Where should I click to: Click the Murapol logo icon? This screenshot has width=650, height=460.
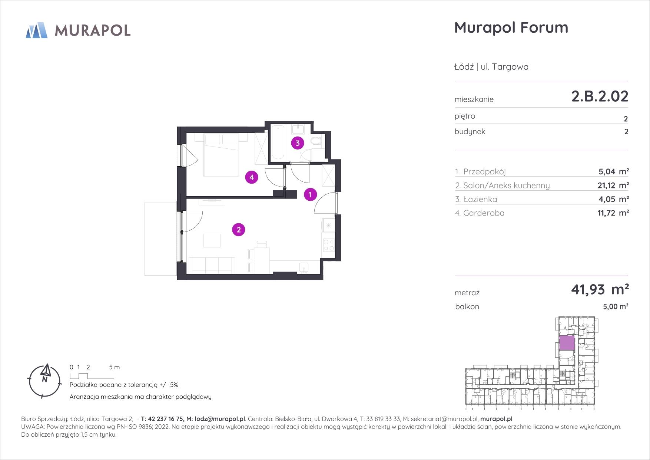point(36,30)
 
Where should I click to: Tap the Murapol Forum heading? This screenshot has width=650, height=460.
point(511,27)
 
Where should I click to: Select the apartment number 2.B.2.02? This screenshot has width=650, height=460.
point(600,96)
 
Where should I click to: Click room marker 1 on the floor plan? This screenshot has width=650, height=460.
point(310,194)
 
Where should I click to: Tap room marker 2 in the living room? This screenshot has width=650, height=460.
point(239,230)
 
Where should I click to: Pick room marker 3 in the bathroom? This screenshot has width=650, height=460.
point(298,143)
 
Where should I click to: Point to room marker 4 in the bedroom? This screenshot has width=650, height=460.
point(252,177)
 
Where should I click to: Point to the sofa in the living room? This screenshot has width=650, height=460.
point(212,266)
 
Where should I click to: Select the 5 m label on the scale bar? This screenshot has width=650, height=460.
point(115,367)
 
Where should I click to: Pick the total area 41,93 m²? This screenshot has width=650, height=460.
point(600,289)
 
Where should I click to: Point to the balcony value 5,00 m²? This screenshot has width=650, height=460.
point(616,307)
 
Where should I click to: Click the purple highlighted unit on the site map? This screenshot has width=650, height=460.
point(567,343)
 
